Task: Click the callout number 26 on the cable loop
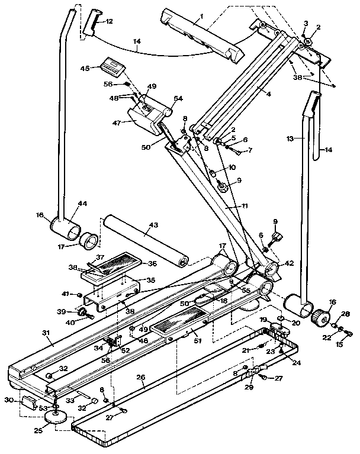point(140,376)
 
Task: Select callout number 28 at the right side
point(346,314)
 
